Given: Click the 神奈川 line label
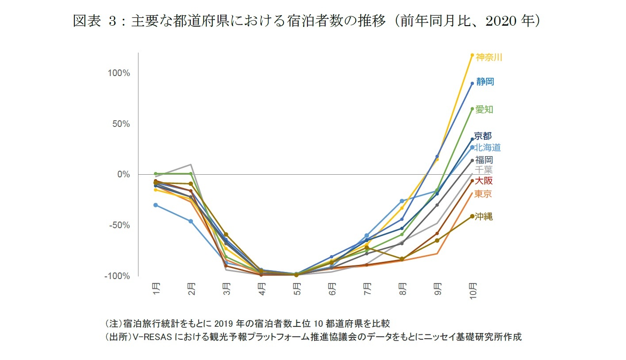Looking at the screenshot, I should pos(488,57).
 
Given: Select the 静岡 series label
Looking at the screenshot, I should pos(485,81).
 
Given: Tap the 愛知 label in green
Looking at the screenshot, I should pos(484,110).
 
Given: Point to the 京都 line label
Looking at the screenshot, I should pos(483,136).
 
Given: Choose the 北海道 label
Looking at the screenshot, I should pos(488,148).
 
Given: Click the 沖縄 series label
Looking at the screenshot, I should pos(484,217).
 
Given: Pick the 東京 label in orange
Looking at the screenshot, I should pos(483,194).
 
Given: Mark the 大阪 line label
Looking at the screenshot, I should pos(484,180).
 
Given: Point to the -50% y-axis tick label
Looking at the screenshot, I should pos(119,225).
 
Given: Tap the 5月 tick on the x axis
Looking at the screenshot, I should pos(297,288).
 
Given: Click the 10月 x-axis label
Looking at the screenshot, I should pos(472,290).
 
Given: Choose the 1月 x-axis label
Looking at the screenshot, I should pos(156,288).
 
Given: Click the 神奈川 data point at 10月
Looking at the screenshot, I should pos(472,55).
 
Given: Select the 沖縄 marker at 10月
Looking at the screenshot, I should pos(472,216).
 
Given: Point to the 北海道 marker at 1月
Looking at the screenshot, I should pos(156,205).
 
